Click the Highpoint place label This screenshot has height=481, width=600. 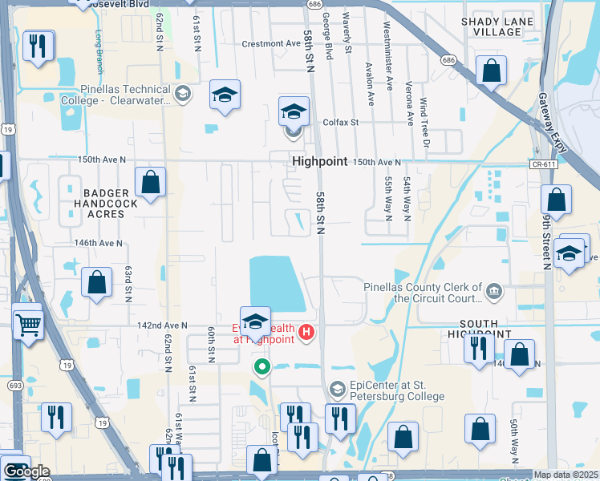click(319, 161)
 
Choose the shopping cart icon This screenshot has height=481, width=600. click(27, 325)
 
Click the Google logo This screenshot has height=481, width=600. click(26, 471)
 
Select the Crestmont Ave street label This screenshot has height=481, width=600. click(271, 44)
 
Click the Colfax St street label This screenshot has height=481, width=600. click(339, 123)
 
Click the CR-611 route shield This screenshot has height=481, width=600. click(544, 164)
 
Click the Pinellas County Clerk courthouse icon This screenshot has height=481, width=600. click(494, 289)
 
